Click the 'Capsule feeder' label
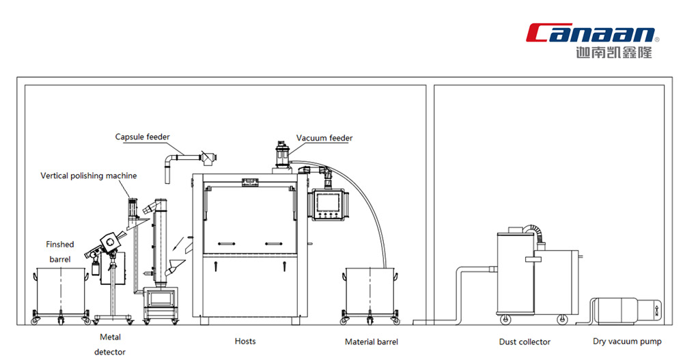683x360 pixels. pos(143,137)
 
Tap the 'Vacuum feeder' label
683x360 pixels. pos(324,138)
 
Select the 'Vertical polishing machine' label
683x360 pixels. pos(88,176)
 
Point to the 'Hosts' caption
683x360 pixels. pos(245,342)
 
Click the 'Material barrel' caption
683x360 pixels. pos(372,342)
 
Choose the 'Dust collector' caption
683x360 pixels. pos(525,342)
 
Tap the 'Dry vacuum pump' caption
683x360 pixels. pos(627,342)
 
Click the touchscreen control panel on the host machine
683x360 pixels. pos(328,205)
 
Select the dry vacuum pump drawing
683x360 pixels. pos(626,311)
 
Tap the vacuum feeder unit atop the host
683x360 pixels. pos(282,156)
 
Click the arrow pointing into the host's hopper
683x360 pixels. pos(178,244)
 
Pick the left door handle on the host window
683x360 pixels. pos(227,244)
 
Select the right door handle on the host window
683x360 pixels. pos(274,244)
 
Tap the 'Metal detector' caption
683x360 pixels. pos(110,344)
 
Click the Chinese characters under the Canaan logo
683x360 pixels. pos(614,53)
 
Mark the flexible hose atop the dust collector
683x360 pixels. pos(535,233)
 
